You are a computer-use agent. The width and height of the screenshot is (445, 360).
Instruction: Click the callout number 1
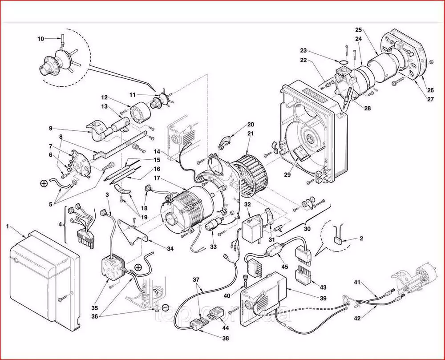8,227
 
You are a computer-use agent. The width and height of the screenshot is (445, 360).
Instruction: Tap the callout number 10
41,39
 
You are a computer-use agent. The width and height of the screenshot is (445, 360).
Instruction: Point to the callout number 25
358,30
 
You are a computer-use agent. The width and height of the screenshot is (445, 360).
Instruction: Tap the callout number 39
323,298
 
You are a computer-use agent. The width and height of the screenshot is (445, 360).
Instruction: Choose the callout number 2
361,239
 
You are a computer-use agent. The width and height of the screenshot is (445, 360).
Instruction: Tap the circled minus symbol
165,307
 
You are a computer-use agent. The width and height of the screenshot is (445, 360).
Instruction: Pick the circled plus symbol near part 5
44,183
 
